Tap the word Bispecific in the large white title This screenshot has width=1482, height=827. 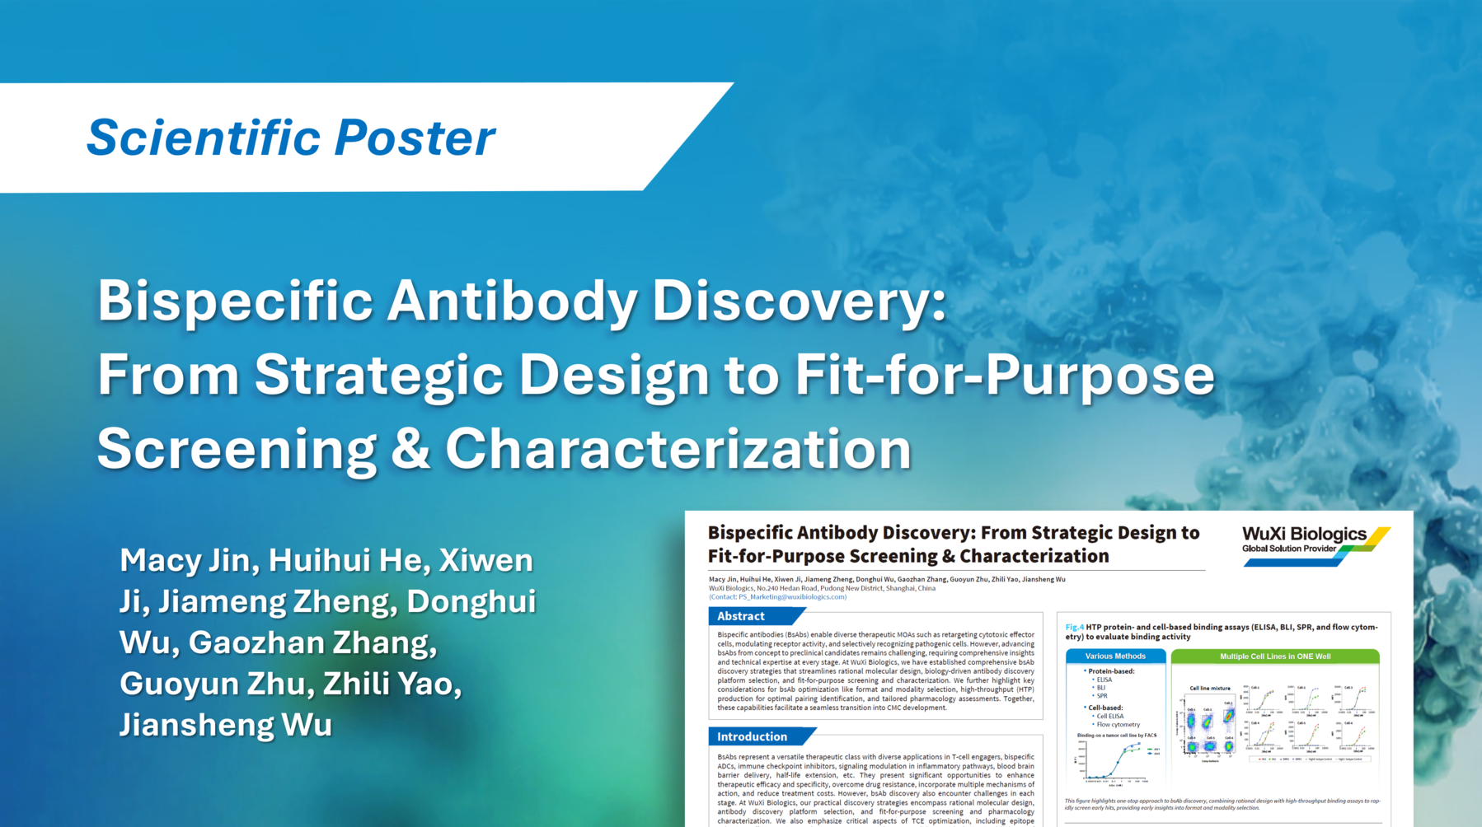pyautogui.click(x=236, y=301)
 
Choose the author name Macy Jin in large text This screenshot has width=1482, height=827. pyautogui.click(x=185, y=561)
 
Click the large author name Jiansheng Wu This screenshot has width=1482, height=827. pyautogui.click(x=226, y=726)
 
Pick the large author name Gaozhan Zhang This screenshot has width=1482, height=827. pyautogui.click(x=312, y=643)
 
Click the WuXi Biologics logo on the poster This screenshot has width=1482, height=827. pyautogui.click(x=1316, y=544)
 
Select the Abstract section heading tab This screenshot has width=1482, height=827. pyautogui.click(x=741, y=616)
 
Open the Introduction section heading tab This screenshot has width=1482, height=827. pyautogui.click(x=752, y=736)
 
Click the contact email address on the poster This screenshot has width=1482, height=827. pyautogui.click(x=791, y=597)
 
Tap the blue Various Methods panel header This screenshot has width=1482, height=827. pyautogui.click(x=1115, y=656)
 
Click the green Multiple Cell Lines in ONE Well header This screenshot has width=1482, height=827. pyautogui.click(x=1274, y=656)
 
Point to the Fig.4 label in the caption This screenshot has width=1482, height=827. pyautogui.click(x=1074, y=628)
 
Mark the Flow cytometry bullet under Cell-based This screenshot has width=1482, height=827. pyautogui.click(x=1118, y=725)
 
